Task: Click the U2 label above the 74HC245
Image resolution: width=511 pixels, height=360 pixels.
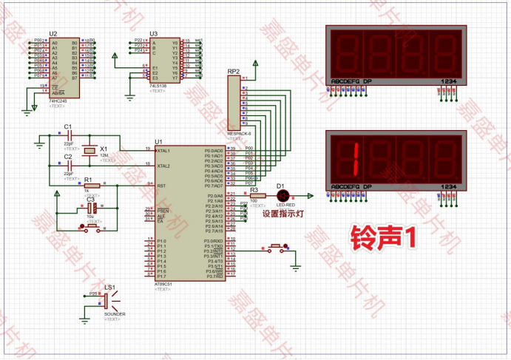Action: point(53,34)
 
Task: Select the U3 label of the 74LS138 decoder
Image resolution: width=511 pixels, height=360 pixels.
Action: point(153,34)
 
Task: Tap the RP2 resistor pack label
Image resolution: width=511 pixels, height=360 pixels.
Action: point(233,72)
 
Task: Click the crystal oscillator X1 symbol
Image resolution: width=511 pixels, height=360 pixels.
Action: point(90,150)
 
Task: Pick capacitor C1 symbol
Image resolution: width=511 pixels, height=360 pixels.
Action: point(68,137)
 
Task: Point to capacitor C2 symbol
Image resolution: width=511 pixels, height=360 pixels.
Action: point(68,166)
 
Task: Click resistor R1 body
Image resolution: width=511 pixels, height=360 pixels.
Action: point(91,186)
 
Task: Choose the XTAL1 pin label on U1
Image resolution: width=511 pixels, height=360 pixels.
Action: point(165,150)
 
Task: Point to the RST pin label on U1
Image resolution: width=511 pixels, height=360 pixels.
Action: point(161,186)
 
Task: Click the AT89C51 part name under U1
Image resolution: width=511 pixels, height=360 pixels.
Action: point(163,284)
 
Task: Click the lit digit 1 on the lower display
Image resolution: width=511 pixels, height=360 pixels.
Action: point(356,157)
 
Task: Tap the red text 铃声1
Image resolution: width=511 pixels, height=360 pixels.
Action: point(384,238)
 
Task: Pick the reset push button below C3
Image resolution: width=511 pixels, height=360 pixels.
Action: point(90,226)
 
